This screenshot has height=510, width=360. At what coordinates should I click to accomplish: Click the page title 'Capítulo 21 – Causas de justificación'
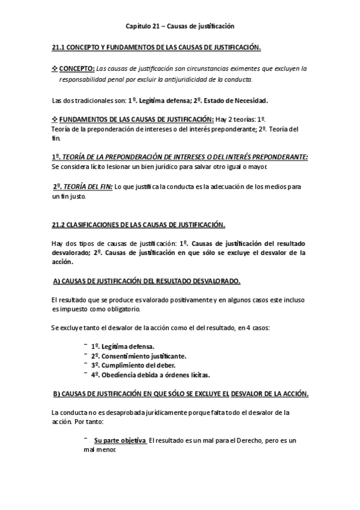[180, 26]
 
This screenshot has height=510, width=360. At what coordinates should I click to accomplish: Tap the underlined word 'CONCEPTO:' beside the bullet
[77, 68]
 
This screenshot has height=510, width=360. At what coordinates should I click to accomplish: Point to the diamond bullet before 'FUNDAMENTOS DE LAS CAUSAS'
[55, 119]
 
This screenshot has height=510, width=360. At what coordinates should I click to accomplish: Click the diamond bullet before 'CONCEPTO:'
[55, 68]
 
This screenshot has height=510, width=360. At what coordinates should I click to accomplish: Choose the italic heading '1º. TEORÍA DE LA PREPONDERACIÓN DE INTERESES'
[180, 156]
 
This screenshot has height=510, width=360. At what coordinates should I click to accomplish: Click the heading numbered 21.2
[139, 226]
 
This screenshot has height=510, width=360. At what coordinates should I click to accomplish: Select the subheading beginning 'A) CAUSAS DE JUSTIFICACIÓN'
[147, 281]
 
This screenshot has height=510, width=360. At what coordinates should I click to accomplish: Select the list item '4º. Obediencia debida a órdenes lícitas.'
[150, 375]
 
